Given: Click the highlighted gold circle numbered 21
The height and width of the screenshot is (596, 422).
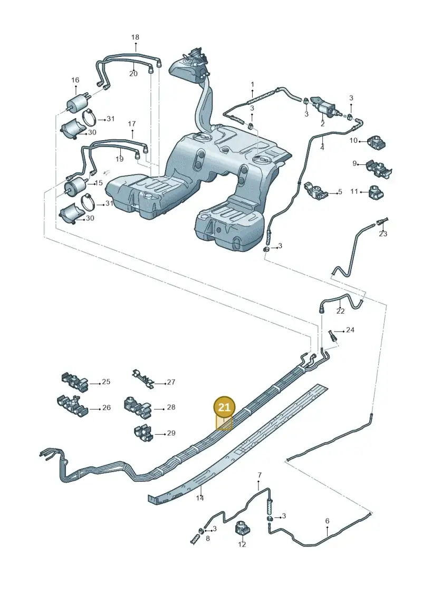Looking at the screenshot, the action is pos(225,407).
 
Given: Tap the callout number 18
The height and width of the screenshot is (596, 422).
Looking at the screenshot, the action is pos(135,37).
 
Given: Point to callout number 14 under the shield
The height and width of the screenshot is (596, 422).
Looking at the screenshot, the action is pos(200,498).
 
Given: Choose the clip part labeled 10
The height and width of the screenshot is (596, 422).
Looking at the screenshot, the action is pos(376,142).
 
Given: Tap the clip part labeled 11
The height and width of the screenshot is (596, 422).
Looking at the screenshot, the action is pos(376,192).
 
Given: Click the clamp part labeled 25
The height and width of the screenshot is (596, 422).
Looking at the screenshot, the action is pos(75,382).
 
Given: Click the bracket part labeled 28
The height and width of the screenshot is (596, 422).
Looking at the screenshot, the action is pos(137,407).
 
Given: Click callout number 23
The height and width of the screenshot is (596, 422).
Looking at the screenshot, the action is pos(383,233).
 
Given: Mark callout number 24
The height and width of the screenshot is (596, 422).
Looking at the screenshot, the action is pos(350,330).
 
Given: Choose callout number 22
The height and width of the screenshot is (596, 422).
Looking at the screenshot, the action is pos(340,311).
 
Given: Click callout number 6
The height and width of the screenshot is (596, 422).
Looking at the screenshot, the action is pos(327,521).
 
